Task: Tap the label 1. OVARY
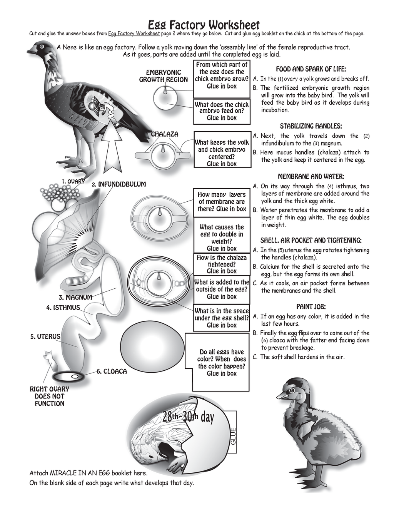(73, 181)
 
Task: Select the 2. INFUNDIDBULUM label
(119, 184)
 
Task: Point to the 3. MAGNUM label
(75, 297)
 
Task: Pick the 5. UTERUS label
(45, 336)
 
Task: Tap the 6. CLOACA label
(112, 371)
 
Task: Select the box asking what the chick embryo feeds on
(222, 111)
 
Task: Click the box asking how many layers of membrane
(222, 202)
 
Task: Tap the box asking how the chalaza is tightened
(222, 264)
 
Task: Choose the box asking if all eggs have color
(222, 362)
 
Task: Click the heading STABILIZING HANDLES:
(311, 126)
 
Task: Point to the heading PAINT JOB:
(311, 307)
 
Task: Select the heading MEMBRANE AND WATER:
(311, 176)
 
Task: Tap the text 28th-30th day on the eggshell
(188, 417)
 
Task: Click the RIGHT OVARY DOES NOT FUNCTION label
(50, 396)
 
